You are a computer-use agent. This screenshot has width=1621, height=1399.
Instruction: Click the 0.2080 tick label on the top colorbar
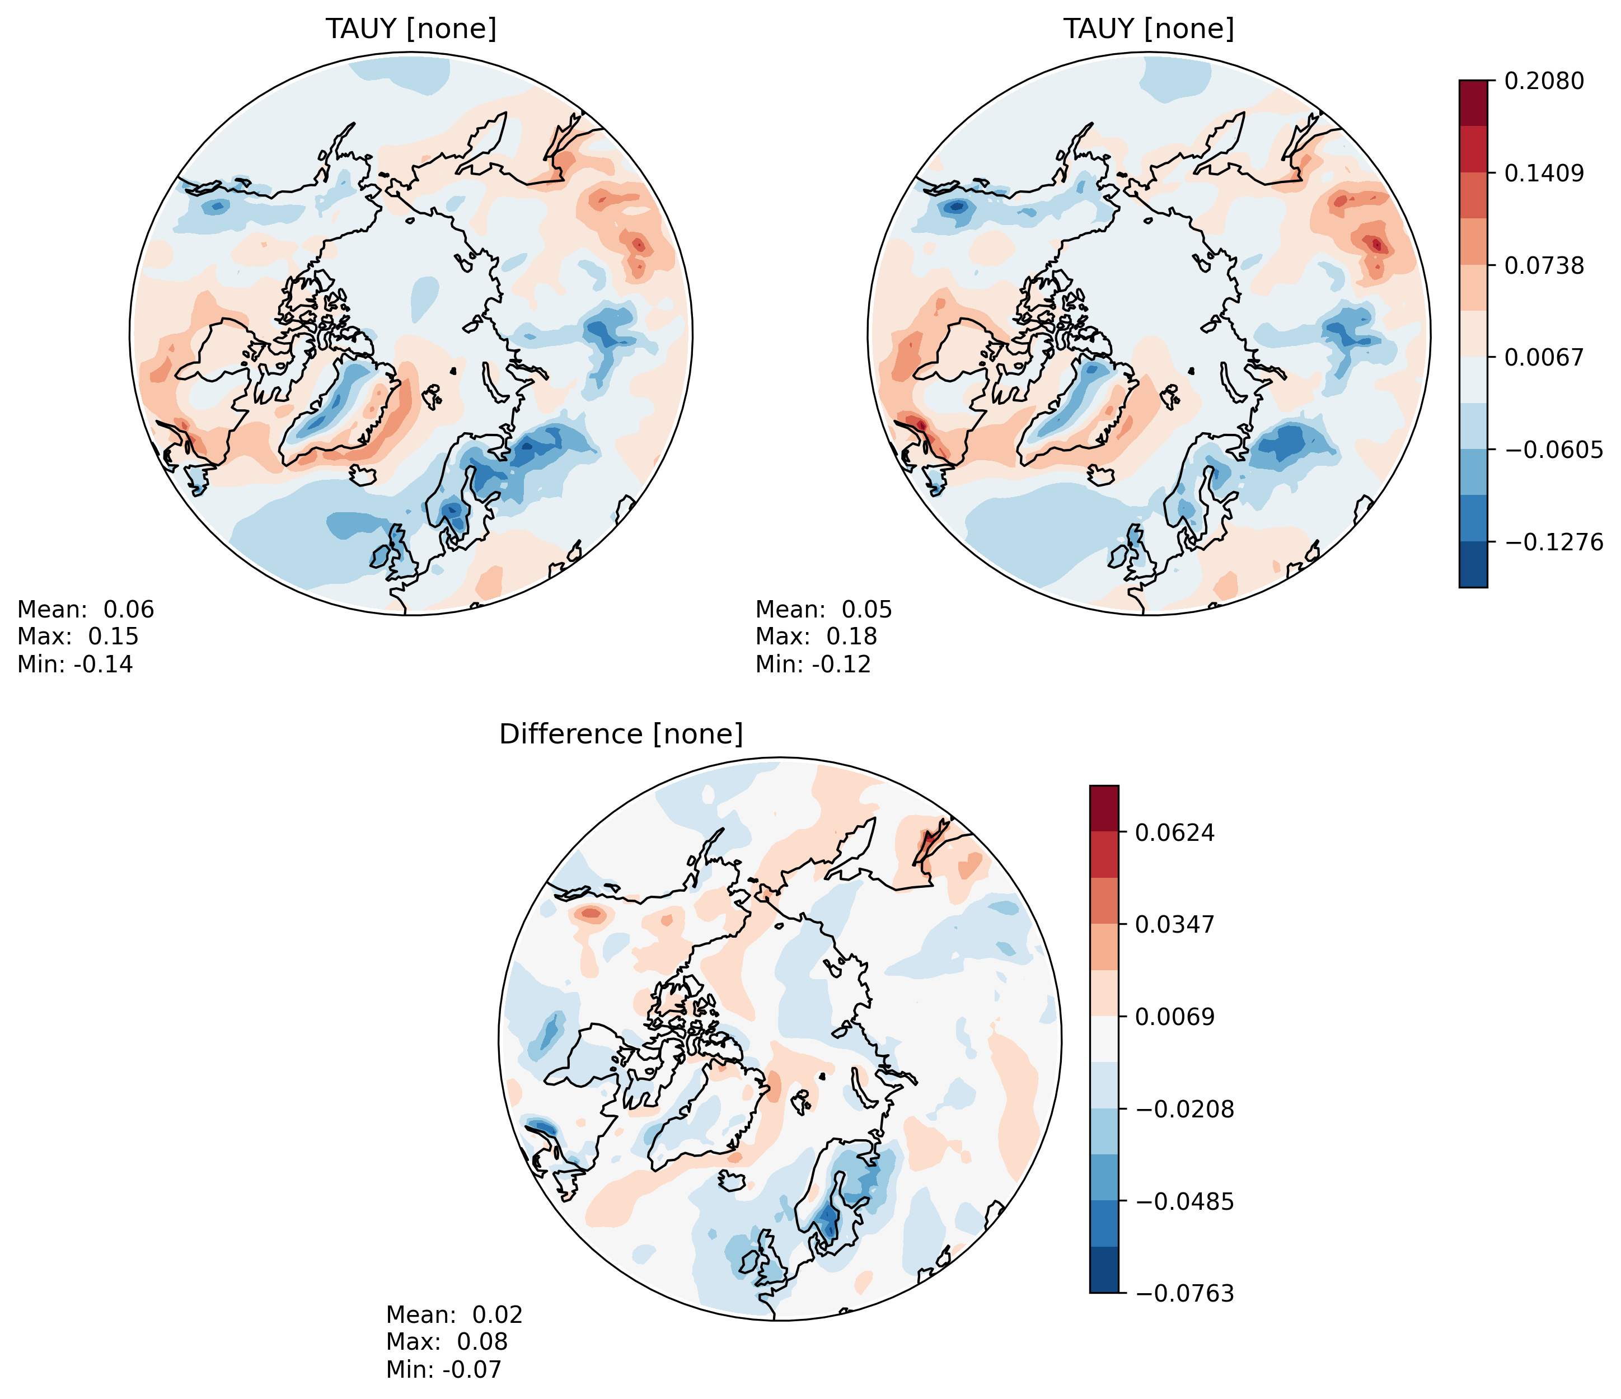coord(1544,81)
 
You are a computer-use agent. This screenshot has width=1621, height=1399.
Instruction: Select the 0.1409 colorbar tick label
coord(1544,173)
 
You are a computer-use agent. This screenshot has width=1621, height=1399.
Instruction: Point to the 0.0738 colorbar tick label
coord(1544,265)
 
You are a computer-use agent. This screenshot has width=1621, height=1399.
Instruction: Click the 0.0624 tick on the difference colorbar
coord(1175,832)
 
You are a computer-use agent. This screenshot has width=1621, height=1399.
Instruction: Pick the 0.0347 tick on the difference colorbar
coord(1175,925)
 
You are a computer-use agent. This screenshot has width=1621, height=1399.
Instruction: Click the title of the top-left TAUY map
coord(411,29)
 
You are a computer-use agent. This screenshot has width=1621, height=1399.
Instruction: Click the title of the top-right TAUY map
coord(1149,29)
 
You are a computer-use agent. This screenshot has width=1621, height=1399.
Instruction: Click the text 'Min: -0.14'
coord(75,665)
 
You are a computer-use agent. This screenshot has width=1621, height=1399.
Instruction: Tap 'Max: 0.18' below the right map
coord(816,636)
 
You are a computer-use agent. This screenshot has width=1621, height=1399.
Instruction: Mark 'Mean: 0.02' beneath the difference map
coord(455,1314)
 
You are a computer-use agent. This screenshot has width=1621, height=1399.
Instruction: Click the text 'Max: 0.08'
coord(447,1342)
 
